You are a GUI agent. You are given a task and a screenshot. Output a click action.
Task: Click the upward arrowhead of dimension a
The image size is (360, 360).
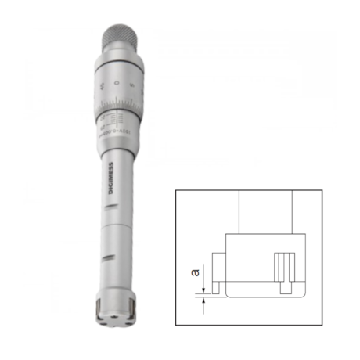(204, 302)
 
